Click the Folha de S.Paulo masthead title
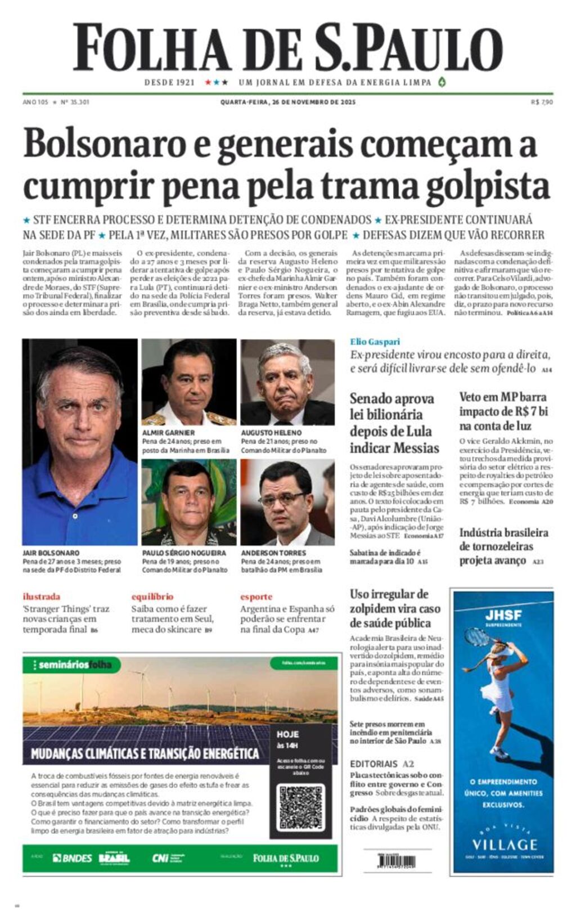(x=287, y=47)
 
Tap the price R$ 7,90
(x=542, y=102)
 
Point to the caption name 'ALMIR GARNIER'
(x=168, y=433)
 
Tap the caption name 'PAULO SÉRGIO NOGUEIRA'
(x=184, y=553)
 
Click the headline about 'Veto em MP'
(x=503, y=411)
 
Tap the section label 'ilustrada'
(x=41, y=596)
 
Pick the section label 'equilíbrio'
(x=152, y=596)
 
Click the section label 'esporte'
(x=256, y=596)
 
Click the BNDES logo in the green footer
(x=72, y=858)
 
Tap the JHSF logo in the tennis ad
(x=503, y=615)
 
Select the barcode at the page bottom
(x=397, y=861)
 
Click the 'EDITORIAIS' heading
(x=373, y=764)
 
